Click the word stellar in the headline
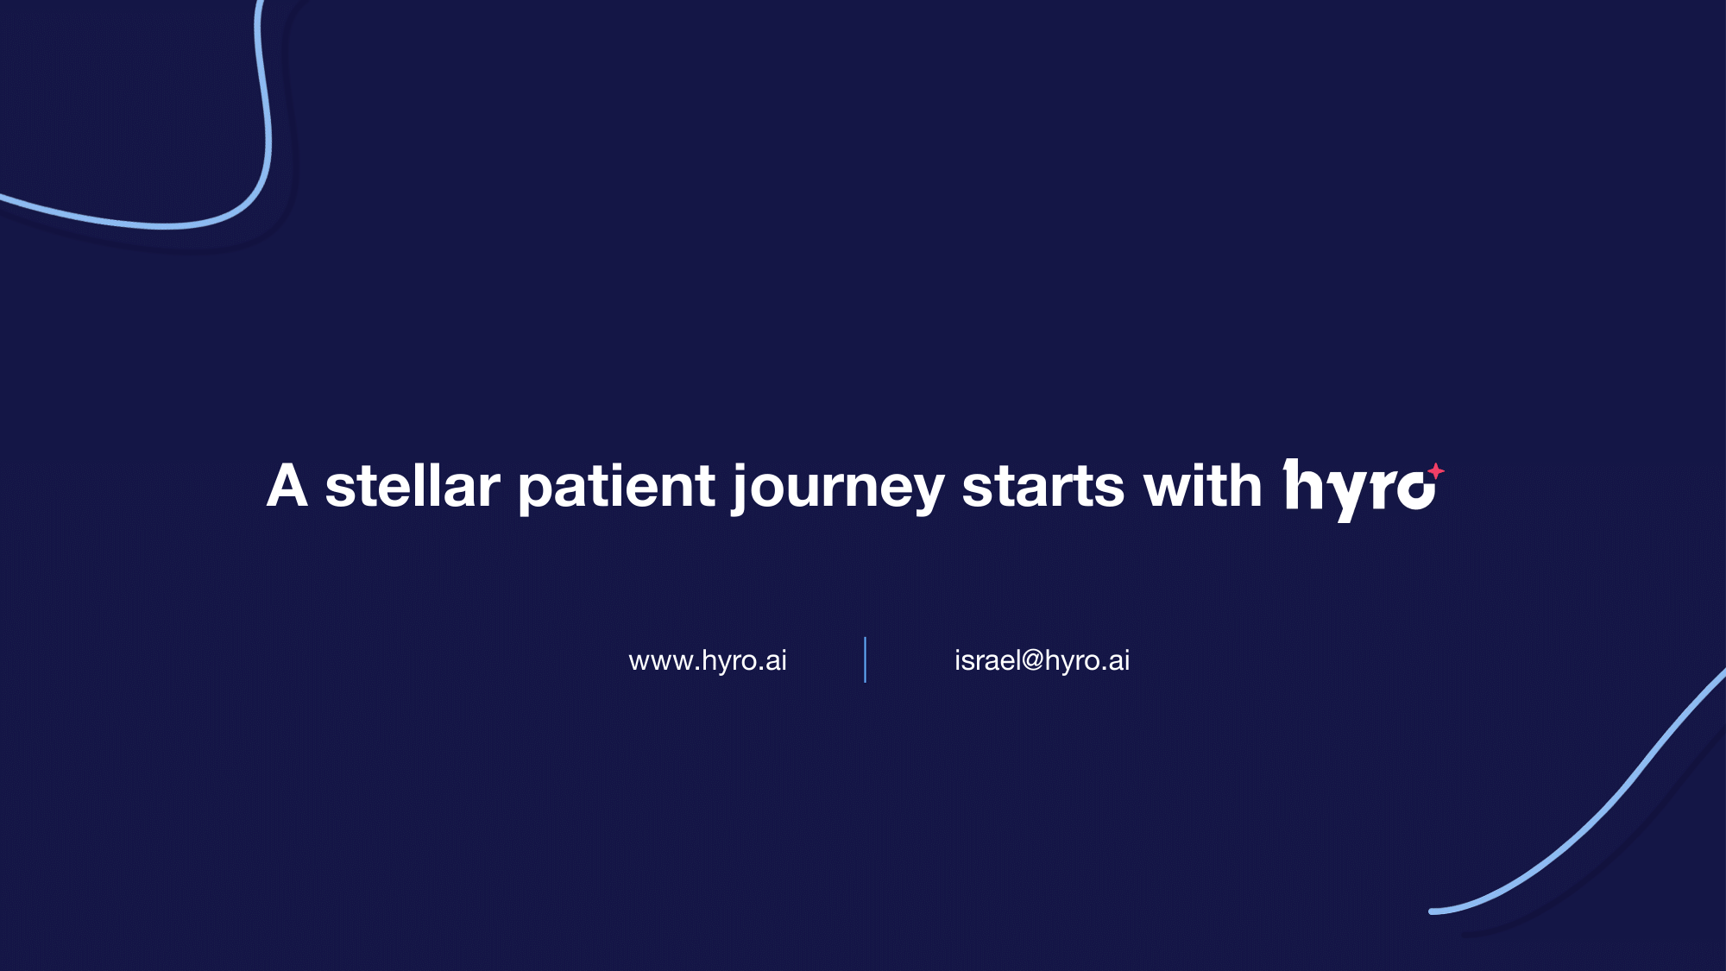413,486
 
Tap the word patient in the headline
616,486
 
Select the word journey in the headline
838,488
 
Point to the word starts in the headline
1043,486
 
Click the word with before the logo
1203,486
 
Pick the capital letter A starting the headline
287,486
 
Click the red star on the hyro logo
1435,471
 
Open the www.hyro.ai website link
708,660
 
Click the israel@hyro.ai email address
1042,660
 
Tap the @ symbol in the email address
1032,661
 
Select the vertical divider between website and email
865,660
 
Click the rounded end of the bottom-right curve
1433,911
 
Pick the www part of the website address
661,662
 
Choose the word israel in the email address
987,660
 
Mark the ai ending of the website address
776,660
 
